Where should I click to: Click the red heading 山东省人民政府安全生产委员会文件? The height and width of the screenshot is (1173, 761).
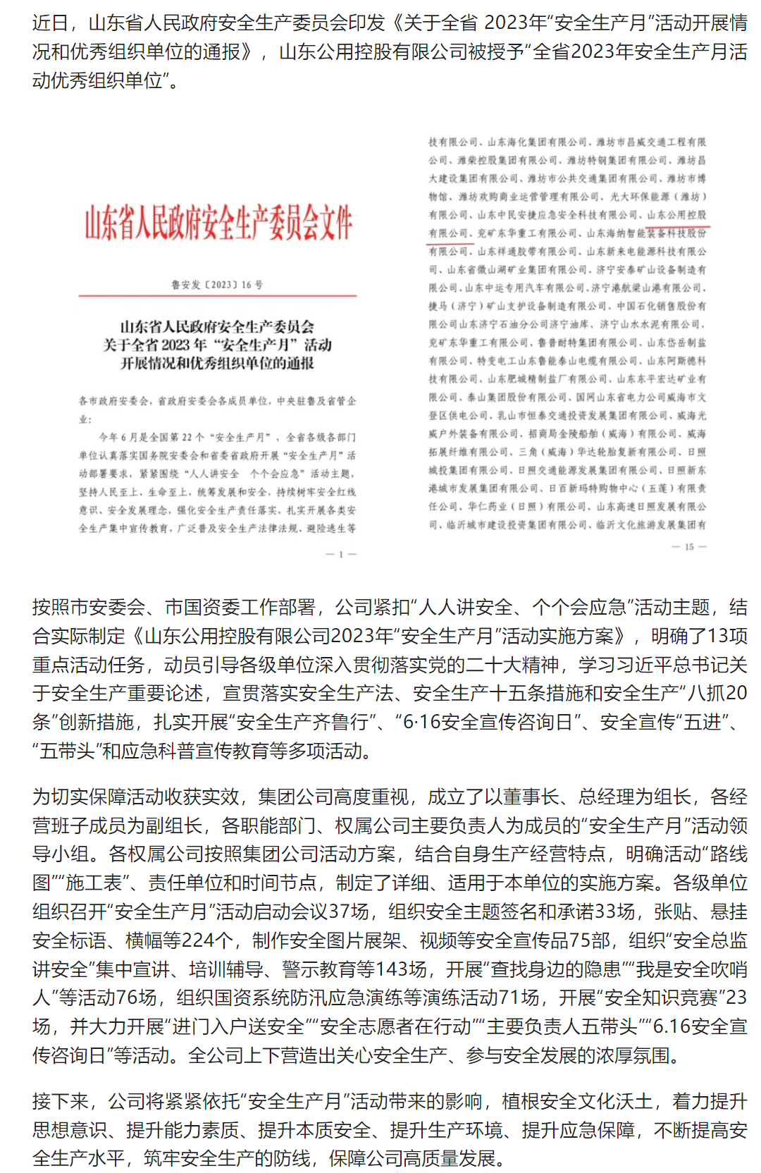tap(218, 223)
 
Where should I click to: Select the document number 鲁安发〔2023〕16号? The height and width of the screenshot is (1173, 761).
tap(217, 285)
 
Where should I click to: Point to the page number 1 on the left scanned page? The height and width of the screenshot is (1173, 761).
tap(341, 555)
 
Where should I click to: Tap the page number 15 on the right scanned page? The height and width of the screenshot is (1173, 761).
tap(689, 547)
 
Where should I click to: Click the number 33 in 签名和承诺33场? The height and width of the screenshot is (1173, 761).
tap(605, 911)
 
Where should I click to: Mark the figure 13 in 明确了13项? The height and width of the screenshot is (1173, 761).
tap(718, 636)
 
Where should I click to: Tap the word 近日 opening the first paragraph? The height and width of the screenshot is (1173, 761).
tap(50, 23)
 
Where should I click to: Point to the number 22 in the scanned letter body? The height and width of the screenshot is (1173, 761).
tap(187, 437)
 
